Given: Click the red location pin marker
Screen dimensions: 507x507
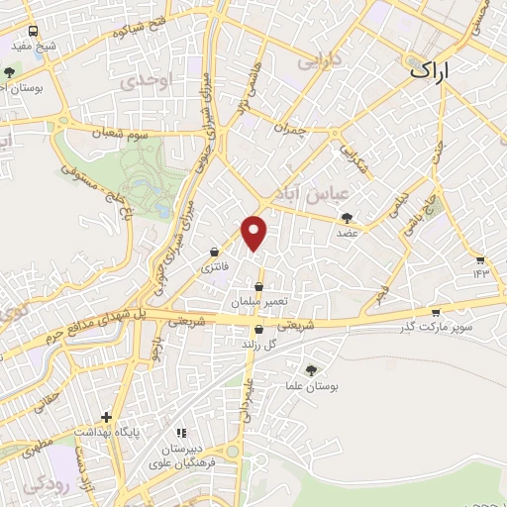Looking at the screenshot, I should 255,232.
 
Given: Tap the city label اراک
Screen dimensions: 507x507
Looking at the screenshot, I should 437,69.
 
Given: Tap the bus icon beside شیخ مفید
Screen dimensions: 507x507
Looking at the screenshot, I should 34,31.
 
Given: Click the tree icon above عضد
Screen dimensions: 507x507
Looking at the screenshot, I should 347,218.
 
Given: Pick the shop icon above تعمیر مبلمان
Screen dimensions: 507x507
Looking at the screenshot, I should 258,286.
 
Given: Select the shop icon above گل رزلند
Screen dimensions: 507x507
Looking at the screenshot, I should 258,330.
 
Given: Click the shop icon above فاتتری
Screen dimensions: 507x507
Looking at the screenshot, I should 214,253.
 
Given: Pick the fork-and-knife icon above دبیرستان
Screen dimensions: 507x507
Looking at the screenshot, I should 180,433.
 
